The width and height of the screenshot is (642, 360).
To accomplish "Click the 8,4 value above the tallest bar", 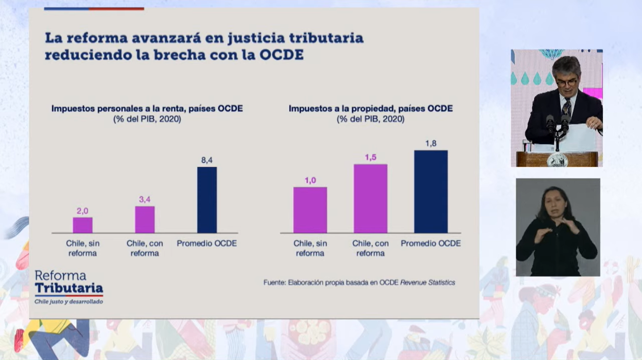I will coord(207,160).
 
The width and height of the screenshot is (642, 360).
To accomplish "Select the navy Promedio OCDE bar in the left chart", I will coord(207,200).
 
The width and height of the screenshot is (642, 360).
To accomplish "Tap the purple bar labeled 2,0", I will coord(82,225).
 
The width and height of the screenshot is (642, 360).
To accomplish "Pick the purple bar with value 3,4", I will coord(145,219).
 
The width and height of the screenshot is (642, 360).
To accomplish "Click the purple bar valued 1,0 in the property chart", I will coord(310,210).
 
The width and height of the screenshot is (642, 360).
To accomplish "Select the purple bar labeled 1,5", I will coord(370,198).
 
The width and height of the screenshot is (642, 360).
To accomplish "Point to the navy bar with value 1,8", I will coord(431,192).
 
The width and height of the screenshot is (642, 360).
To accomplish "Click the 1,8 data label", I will coord(431,143).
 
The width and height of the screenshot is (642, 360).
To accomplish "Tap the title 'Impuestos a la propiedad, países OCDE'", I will coord(370,109).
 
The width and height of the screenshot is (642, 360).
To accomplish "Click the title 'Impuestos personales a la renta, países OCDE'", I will coord(147,109).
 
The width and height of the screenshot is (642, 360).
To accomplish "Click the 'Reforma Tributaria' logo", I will coord(69,282).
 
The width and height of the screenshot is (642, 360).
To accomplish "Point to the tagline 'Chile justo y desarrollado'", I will coord(69,301).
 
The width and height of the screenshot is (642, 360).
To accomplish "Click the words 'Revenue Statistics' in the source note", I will coord(427,282).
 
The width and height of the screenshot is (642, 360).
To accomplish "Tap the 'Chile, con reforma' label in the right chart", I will coord(370,248).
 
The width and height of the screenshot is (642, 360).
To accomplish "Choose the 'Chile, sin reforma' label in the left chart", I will coord(82,248).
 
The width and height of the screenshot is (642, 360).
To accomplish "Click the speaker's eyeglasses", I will coord(566,82).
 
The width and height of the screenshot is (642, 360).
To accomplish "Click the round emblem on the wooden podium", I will coord(557,160).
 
